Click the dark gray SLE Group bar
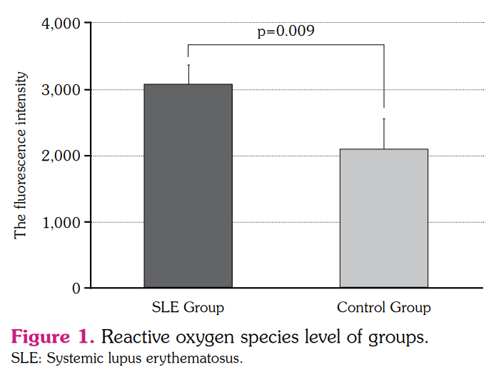pos(188,186)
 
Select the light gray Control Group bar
pos(383,218)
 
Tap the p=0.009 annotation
pos(286,31)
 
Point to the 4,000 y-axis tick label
pos(62,24)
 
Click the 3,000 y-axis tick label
pos(62,90)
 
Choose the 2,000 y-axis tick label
pos(62,156)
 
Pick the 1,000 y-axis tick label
pos(62,223)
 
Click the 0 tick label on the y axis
pos(76,288)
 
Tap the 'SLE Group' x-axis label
pos(188,308)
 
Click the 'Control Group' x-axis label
pos(383,308)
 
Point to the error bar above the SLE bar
pos(188,74)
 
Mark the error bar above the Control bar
pos(384,134)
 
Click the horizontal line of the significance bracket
pos(286,45)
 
